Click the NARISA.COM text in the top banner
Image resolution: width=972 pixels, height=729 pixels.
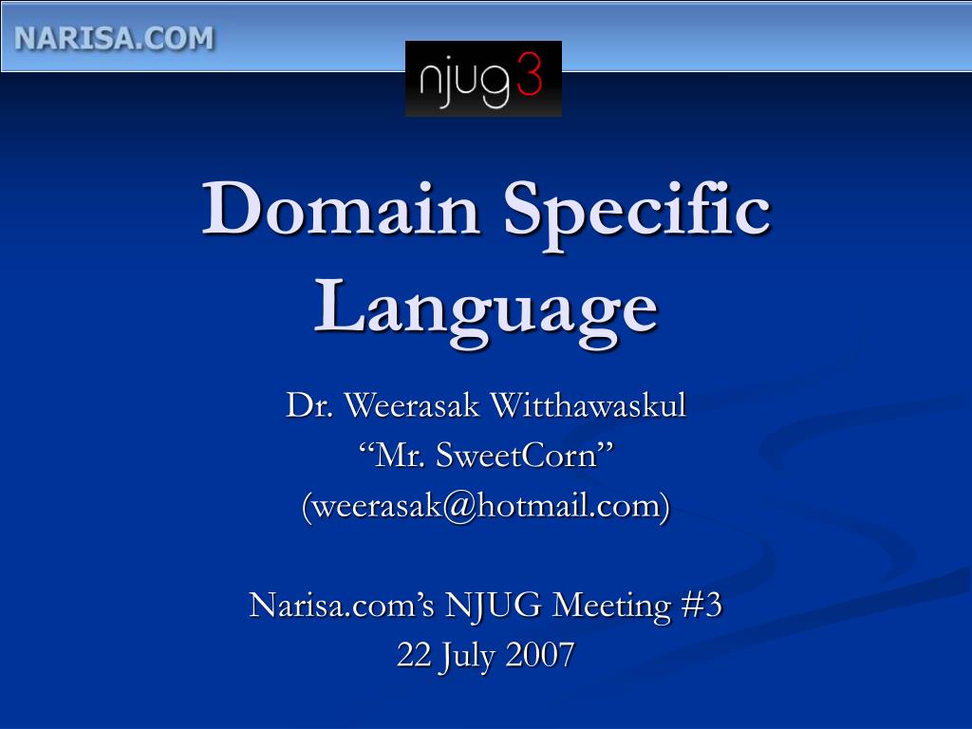(x=114, y=38)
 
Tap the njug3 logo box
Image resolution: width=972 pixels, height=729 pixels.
(x=483, y=79)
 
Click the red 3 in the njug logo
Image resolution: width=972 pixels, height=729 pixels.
(x=530, y=77)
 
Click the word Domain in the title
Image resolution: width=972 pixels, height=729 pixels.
(x=341, y=210)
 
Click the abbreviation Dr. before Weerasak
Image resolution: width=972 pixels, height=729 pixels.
(x=310, y=406)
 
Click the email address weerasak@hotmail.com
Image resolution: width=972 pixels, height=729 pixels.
(x=486, y=506)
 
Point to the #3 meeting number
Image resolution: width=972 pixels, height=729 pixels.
(x=702, y=605)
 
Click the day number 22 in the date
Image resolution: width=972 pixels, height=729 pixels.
(x=413, y=655)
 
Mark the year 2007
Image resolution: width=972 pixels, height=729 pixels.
(x=541, y=655)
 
